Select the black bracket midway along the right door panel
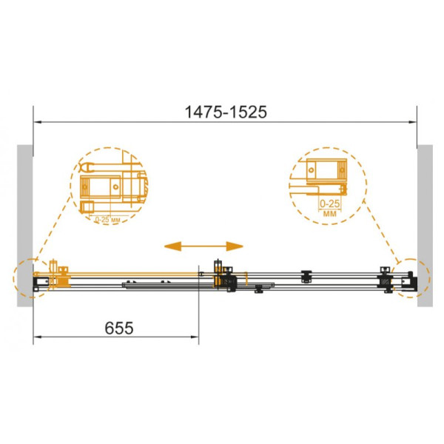coord(306,277)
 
